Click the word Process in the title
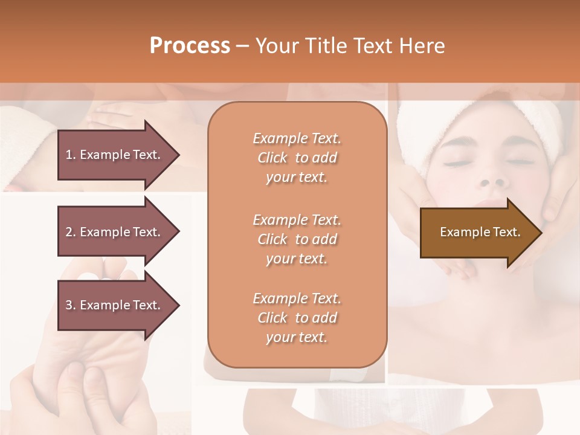pyautogui.click(x=190, y=46)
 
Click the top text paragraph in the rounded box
pyautogui.click(x=297, y=158)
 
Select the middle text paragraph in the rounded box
pyautogui.click(x=297, y=239)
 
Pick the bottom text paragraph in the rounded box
pyautogui.click(x=297, y=318)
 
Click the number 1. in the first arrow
pyautogui.click(x=71, y=155)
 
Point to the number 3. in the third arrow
pyautogui.click(x=71, y=305)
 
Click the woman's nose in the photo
pyautogui.click(x=494, y=179)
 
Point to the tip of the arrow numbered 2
pyautogui.click(x=179, y=232)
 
